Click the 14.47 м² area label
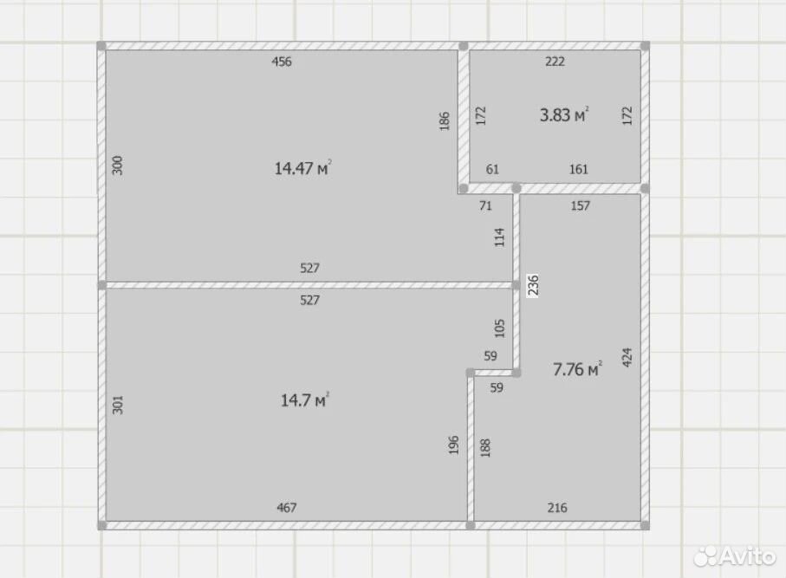(x=302, y=168)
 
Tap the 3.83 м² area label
(x=564, y=114)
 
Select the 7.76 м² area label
(x=577, y=369)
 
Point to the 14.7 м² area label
(x=305, y=400)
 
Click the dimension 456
(x=282, y=62)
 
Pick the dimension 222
(x=555, y=62)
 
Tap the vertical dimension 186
(x=445, y=121)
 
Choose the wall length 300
(x=117, y=166)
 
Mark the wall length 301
(x=117, y=405)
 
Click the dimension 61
(x=492, y=170)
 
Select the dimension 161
(x=579, y=170)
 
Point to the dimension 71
(x=485, y=205)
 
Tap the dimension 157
(x=580, y=205)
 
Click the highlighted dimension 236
(x=533, y=285)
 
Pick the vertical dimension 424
(x=627, y=357)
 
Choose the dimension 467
(x=287, y=508)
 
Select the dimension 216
(x=557, y=508)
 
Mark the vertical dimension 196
(x=453, y=445)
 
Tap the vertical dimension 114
(x=499, y=237)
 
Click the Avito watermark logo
(x=736, y=556)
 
